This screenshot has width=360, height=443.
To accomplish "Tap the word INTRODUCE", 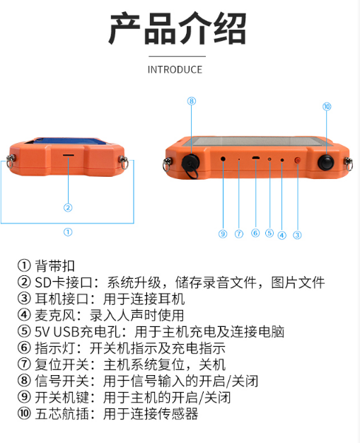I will point(175,69).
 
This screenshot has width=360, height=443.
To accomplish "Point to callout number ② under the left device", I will point(68,207).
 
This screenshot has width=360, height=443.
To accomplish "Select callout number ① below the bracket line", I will point(68,231).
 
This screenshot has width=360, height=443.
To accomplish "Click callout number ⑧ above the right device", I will point(191,101).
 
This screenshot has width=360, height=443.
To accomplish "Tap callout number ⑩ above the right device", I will point(326,106).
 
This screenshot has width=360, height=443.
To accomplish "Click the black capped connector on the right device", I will point(191,160).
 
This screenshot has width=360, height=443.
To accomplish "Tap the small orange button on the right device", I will point(297,161).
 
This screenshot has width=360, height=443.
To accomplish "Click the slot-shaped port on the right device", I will point(255,159).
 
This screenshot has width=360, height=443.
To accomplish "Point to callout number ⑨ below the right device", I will point(222,234).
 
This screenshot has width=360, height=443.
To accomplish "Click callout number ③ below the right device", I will point(297,235).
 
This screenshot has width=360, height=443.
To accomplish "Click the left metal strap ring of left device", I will point(11,161).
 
